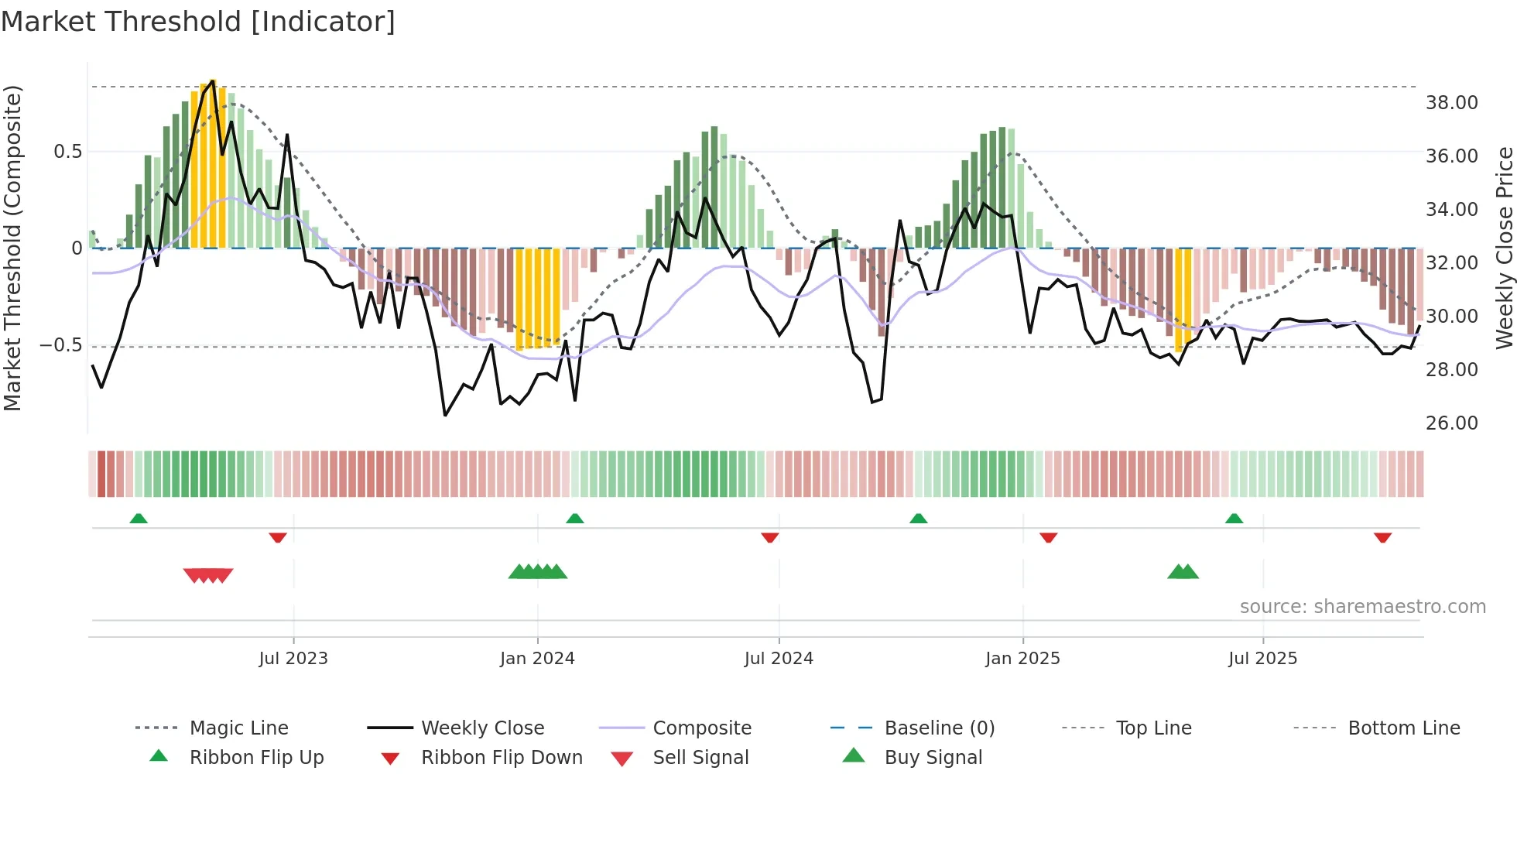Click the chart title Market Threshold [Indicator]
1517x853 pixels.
pyautogui.click(x=198, y=22)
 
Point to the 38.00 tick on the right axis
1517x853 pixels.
pyautogui.click(x=1451, y=102)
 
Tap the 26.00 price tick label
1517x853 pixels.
pyautogui.click(x=1451, y=423)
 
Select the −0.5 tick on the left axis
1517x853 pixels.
pyautogui.click(x=60, y=344)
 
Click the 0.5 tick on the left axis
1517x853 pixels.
pyautogui.click(x=67, y=151)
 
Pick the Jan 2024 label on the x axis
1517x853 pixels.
pyautogui.click(x=537, y=658)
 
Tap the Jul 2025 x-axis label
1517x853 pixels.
pyautogui.click(x=1262, y=658)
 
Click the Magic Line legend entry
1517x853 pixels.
pyautogui.click(x=238, y=728)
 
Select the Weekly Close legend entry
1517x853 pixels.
pyautogui.click(x=482, y=728)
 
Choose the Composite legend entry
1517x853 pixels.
pyautogui.click(x=701, y=728)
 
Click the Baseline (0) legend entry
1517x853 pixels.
pyautogui.click(x=939, y=728)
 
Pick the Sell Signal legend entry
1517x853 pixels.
pyautogui.click(x=700, y=757)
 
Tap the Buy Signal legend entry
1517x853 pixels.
pyautogui.click(x=933, y=757)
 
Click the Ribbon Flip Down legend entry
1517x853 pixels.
pyautogui.click(x=501, y=757)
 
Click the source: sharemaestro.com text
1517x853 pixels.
pyautogui.click(x=1362, y=606)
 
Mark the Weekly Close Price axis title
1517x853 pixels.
pyautogui.click(x=1504, y=248)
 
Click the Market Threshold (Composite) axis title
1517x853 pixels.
pyautogui.click(x=12, y=248)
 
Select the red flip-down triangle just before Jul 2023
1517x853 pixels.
pyautogui.click(x=278, y=538)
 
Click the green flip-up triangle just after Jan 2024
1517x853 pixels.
pyautogui.click(x=574, y=519)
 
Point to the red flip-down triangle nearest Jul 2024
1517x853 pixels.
pyautogui.click(x=769, y=538)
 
